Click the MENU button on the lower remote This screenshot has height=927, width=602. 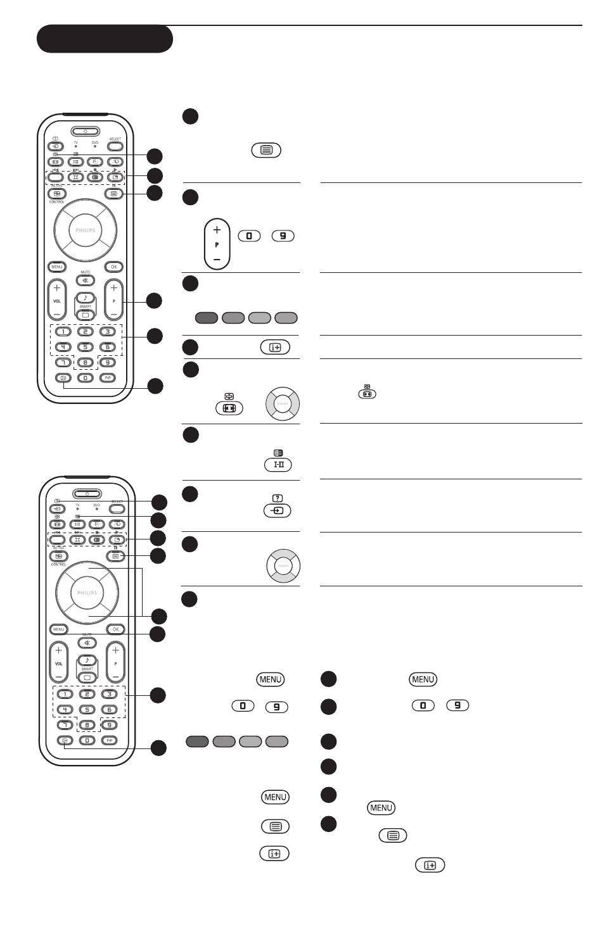(59, 629)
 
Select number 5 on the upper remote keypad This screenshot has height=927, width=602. (85, 346)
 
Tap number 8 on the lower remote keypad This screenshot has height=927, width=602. (87, 725)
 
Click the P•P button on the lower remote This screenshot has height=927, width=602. (110, 740)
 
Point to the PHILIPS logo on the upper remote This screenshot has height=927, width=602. (86, 230)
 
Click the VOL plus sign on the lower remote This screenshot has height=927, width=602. (58, 650)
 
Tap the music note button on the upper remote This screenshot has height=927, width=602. (85, 298)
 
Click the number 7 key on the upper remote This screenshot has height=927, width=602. (63, 362)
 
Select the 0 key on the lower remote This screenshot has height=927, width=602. (87, 740)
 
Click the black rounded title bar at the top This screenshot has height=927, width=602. (105, 39)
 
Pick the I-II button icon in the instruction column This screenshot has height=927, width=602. (278, 465)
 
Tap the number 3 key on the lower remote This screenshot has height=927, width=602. (110, 694)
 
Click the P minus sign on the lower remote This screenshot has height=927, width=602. (115, 676)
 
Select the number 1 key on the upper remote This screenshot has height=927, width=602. (63, 331)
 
